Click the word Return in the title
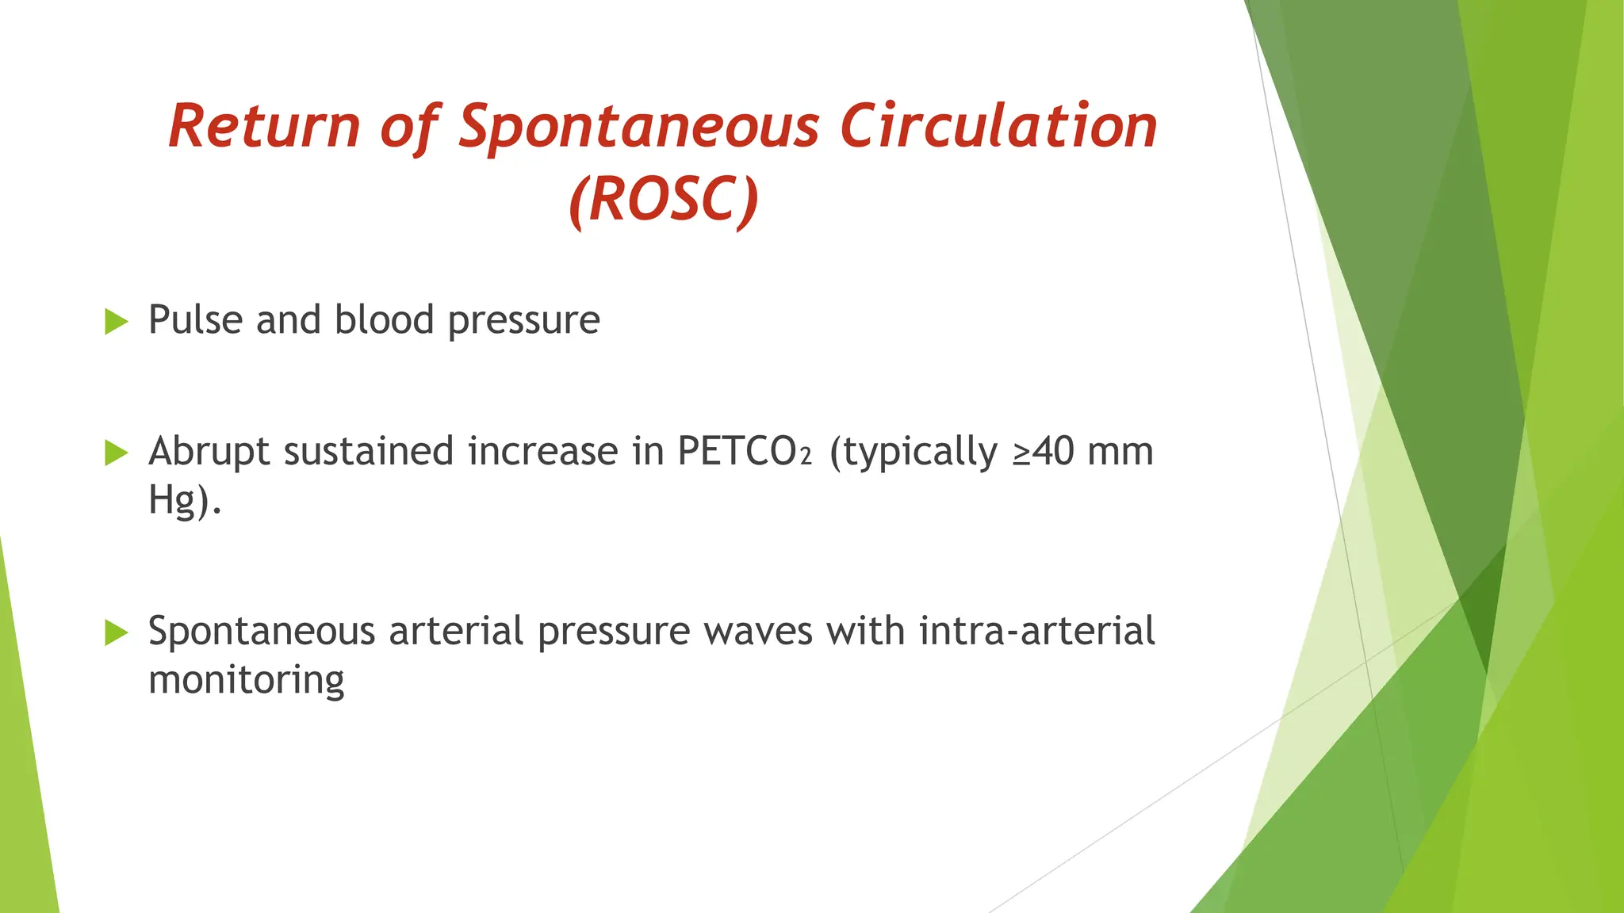264,126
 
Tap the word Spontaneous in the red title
638,126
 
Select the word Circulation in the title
998,126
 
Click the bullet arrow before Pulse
116,322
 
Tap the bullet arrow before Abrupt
116,453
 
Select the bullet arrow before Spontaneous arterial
116,632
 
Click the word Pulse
195,320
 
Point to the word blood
384,320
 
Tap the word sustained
368,452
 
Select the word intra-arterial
1036,632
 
